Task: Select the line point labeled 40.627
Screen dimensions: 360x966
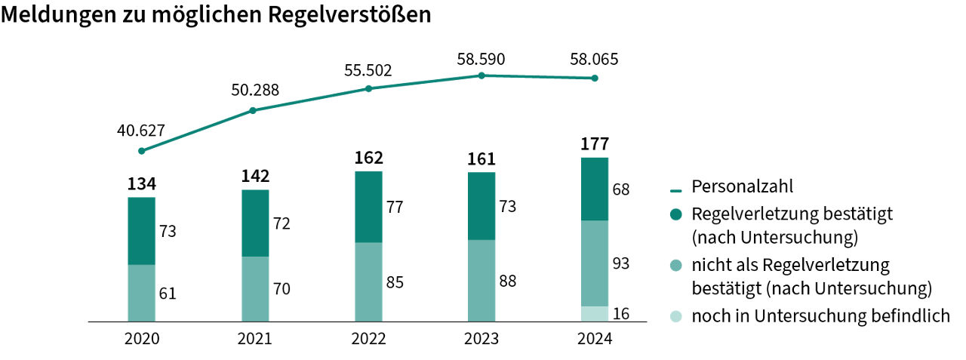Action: click(x=142, y=151)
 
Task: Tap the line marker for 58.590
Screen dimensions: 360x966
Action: click(x=481, y=75)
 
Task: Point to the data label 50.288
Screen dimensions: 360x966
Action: click(x=255, y=91)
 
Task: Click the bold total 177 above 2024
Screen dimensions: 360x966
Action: click(x=595, y=144)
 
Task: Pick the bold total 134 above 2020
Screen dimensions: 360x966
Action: click(x=141, y=183)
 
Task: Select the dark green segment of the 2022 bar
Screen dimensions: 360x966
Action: click(x=368, y=207)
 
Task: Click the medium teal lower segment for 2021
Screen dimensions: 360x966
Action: click(x=255, y=289)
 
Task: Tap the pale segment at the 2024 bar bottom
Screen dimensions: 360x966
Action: click(x=595, y=314)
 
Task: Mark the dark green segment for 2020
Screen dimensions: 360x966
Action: click(x=141, y=231)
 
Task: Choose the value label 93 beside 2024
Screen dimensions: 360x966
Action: click(x=620, y=263)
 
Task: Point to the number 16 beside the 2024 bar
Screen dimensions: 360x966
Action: click(x=620, y=314)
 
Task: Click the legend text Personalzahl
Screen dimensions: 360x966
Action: click(x=743, y=186)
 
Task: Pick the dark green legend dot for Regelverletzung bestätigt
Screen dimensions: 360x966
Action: click(x=675, y=214)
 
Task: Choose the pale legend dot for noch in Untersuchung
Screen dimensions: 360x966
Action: click(x=675, y=316)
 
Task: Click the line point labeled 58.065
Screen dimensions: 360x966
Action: click(x=595, y=78)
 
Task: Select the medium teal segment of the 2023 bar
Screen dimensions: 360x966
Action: click(x=481, y=281)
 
